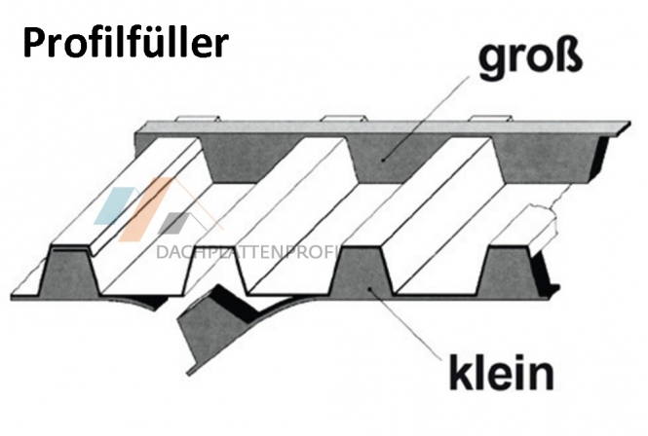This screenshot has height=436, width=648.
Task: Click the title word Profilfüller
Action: (126, 42)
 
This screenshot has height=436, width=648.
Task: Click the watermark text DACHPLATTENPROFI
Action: (248, 252)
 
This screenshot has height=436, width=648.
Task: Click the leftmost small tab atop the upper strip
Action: (198, 119)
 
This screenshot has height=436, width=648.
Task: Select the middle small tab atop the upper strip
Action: (344, 119)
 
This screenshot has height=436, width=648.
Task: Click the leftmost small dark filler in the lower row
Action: (69, 272)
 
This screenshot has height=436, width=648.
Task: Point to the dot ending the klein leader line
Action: (369, 288)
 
